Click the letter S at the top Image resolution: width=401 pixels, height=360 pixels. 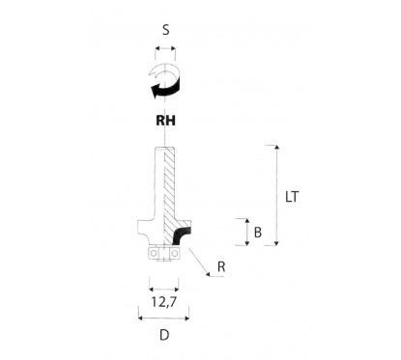[165, 29]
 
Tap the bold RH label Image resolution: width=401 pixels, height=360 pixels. [165, 121]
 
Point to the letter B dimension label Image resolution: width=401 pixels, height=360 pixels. [256, 232]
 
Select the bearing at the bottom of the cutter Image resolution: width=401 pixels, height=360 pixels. [165, 253]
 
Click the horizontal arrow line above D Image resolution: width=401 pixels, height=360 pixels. [165, 318]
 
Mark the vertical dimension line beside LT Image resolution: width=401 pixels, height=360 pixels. [276, 193]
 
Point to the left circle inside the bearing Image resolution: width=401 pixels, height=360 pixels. [155, 253]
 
